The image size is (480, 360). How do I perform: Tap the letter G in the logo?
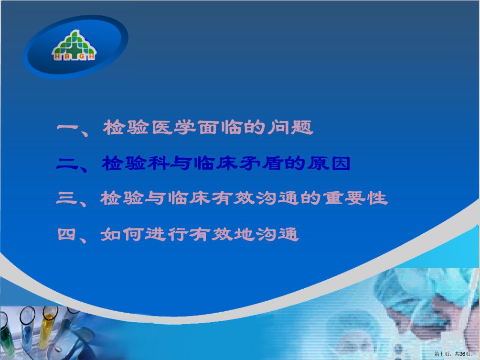(x=82, y=56)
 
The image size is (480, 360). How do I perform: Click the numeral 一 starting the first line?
(x=68, y=128)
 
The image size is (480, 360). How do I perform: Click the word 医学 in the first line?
(x=173, y=127)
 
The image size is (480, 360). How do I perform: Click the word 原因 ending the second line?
(x=329, y=164)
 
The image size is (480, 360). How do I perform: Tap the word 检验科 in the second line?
(x=136, y=164)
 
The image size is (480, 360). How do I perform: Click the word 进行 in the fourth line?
(x=166, y=234)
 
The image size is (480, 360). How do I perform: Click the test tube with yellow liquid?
(x=47, y=327)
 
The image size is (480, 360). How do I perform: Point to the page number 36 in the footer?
(x=462, y=354)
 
